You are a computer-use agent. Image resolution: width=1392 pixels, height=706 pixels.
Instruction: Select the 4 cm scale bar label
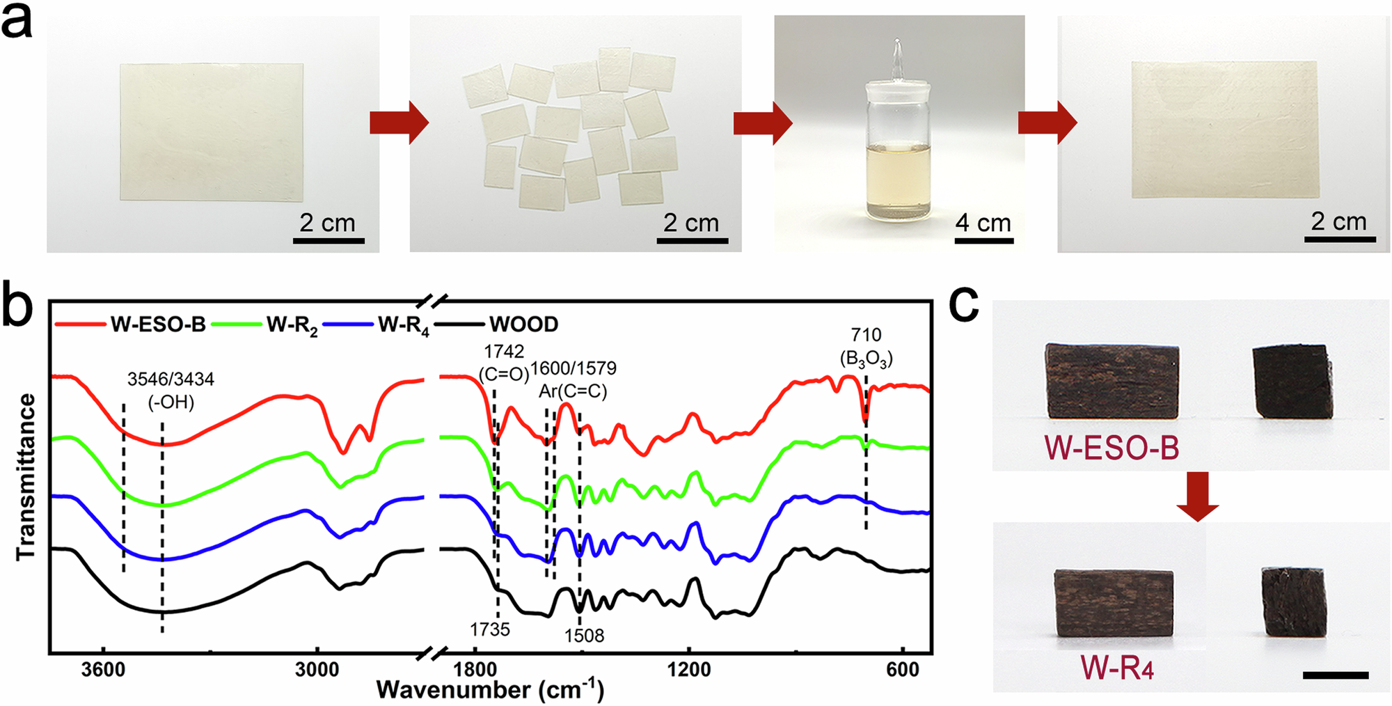pos(983,223)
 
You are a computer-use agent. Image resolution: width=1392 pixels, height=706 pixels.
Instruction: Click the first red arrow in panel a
pos(399,123)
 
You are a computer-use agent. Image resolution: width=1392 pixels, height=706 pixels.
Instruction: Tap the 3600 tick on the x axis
pos(103,670)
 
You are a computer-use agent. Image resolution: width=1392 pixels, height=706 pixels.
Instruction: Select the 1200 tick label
pos(689,670)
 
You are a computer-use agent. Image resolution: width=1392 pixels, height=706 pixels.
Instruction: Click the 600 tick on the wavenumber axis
pos(903,670)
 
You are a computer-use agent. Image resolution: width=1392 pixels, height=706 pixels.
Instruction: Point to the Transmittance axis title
pos(26,477)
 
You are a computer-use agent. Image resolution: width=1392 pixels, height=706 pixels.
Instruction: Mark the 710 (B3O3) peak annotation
pos(866,347)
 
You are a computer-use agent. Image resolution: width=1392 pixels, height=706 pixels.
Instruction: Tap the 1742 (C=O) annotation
pos(505,363)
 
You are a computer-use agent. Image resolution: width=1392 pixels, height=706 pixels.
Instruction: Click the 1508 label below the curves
pos(584,636)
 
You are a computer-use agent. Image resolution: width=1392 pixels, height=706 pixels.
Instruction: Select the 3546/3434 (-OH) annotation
pos(171,391)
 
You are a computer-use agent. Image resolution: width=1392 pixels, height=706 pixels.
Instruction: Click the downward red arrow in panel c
pos(1197,496)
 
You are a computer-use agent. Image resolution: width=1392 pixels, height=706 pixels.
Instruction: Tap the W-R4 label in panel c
pos(1116,668)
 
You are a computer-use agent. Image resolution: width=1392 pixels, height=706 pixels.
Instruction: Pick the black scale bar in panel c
pos(1335,675)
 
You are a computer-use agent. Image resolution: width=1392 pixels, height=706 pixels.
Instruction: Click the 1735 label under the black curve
pos(489,629)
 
